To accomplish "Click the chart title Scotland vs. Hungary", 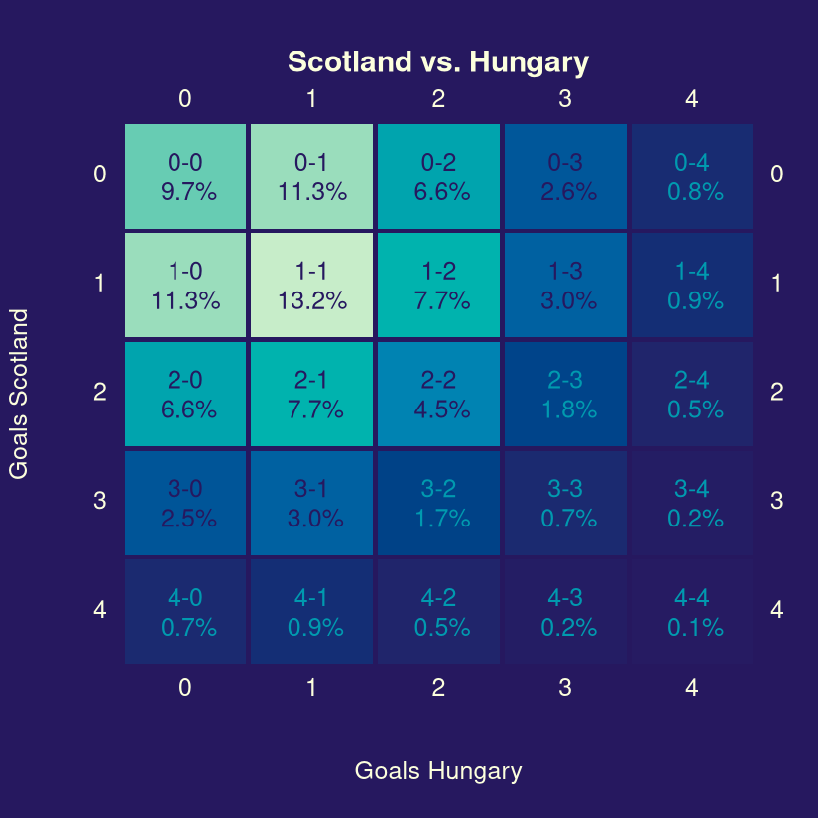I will [437, 62].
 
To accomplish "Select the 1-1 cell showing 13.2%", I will [311, 286].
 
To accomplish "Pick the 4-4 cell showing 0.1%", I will [691, 612].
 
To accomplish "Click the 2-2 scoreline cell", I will [438, 394].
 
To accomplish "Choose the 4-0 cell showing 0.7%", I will [185, 612].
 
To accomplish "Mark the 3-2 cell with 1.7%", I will [438, 503].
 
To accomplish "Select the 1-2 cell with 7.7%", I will [438, 286].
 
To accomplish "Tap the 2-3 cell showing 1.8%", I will [565, 394].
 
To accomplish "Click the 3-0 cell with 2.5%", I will [185, 503].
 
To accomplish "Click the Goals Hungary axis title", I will [437, 771].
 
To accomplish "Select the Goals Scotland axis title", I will [19, 394].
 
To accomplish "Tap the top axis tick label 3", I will [565, 98].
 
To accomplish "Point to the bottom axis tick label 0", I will [185, 688].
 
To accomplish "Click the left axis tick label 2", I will [99, 392].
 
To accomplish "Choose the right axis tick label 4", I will [776, 609].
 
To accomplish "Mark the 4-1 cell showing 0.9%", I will [311, 612].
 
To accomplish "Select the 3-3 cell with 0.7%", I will [565, 503].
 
